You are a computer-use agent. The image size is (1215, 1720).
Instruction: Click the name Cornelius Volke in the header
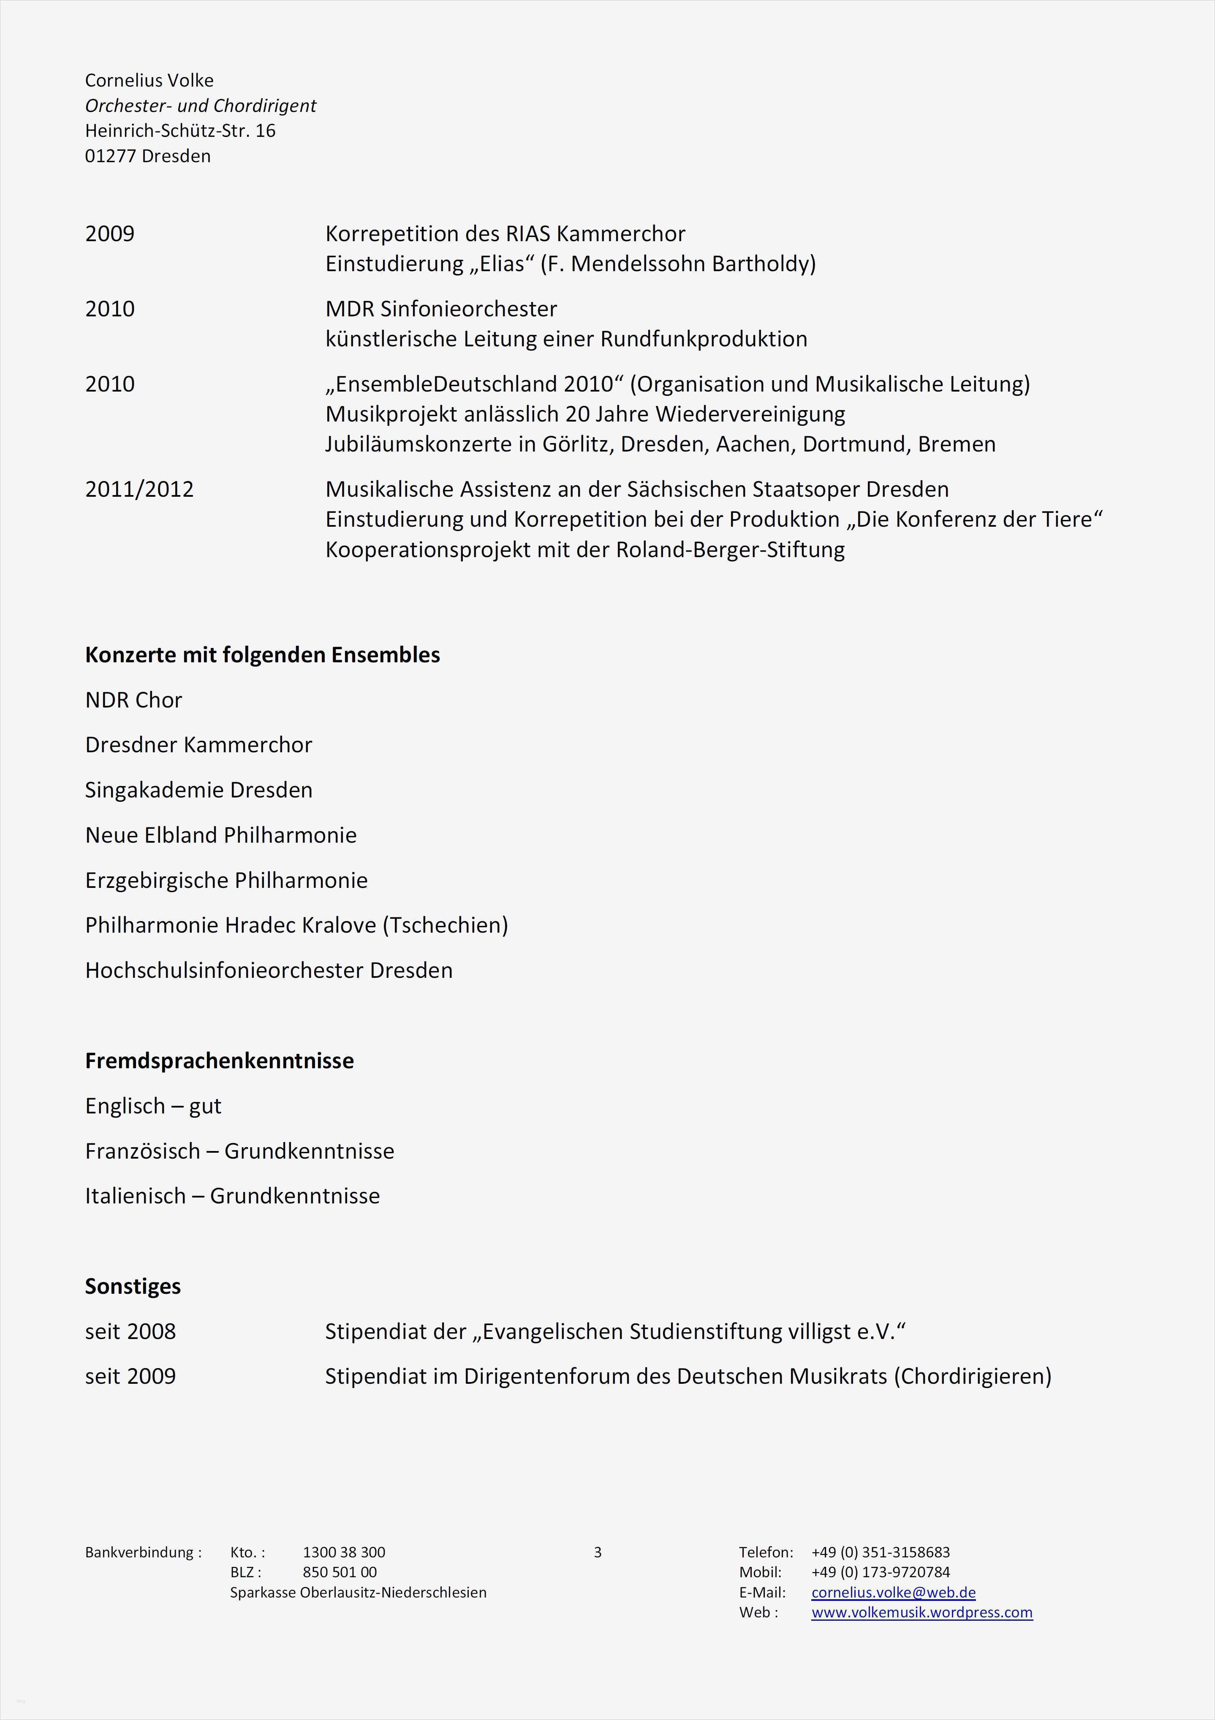tap(149, 80)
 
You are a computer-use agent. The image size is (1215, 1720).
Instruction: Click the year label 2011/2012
tap(139, 489)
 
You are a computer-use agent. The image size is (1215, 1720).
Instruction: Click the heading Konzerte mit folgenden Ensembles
tap(262, 655)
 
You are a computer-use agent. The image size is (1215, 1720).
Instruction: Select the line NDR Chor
tap(133, 699)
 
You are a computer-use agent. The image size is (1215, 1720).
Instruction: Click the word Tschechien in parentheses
tap(445, 925)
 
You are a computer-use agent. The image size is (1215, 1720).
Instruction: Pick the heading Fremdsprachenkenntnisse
tap(219, 1061)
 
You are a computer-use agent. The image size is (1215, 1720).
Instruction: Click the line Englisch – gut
tap(153, 1106)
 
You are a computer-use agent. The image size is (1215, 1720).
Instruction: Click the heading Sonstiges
tap(133, 1286)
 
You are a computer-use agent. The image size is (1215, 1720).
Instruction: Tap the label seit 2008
tap(130, 1331)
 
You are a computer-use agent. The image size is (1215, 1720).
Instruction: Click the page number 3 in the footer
tap(597, 1552)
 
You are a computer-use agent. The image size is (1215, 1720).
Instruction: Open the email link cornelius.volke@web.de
tap(893, 1593)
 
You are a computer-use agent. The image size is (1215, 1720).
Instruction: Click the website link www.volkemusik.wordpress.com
tap(921, 1612)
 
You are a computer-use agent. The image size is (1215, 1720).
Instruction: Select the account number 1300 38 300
tap(344, 1552)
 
